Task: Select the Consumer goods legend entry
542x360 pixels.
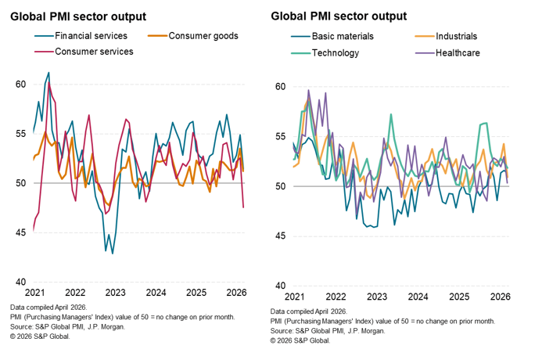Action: [x=203, y=36]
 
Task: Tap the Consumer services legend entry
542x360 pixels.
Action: [x=94, y=52]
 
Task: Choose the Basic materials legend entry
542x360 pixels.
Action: [x=343, y=36]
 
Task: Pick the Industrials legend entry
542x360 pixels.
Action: [x=456, y=36]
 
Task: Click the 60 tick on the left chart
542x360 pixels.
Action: [x=21, y=85]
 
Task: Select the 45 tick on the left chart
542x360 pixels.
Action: [x=21, y=233]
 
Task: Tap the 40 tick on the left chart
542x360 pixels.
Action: [x=21, y=283]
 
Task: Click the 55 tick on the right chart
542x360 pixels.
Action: [x=280, y=137]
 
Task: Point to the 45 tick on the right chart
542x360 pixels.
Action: [x=280, y=236]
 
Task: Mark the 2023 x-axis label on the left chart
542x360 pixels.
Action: [x=115, y=293]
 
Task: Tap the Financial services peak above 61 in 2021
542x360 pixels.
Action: [x=48, y=73]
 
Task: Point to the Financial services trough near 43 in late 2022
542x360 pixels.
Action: [x=113, y=253]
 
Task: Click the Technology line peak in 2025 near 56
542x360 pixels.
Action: [x=486, y=123]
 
